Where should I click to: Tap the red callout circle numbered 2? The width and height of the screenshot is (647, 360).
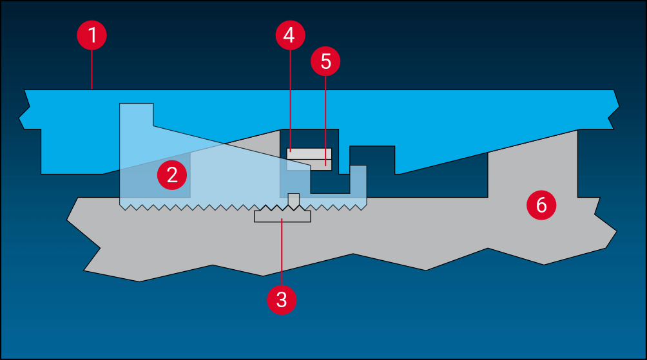[x=172, y=175]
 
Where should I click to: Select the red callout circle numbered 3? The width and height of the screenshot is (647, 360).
[x=282, y=299]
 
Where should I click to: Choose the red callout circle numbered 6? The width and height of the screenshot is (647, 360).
[x=541, y=205]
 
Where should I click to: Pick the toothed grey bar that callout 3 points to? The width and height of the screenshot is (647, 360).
[x=282, y=216]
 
